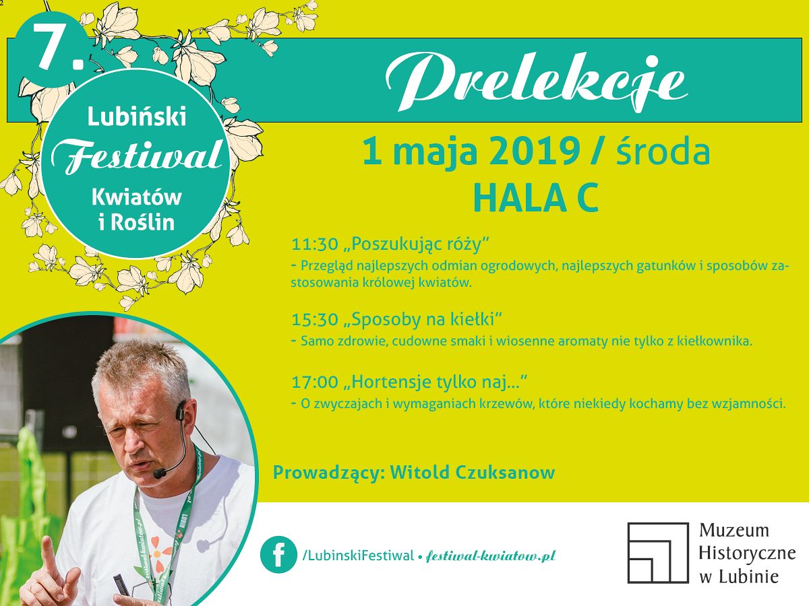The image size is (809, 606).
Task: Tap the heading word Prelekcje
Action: [x=536, y=82]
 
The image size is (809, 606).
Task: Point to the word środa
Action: [x=663, y=151]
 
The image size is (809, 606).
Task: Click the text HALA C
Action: [x=535, y=199]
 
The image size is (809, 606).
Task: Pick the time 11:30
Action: [x=315, y=244]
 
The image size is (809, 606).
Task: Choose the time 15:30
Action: [x=315, y=319]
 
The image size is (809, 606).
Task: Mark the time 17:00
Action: [x=315, y=382]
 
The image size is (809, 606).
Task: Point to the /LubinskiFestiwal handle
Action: [x=358, y=555]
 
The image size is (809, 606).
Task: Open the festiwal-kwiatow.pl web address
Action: [x=490, y=555]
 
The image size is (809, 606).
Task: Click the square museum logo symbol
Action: [x=658, y=553]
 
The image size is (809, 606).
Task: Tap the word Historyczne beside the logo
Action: [x=747, y=553]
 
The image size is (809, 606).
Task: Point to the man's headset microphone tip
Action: [x=159, y=473]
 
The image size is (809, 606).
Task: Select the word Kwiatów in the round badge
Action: [x=137, y=197]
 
